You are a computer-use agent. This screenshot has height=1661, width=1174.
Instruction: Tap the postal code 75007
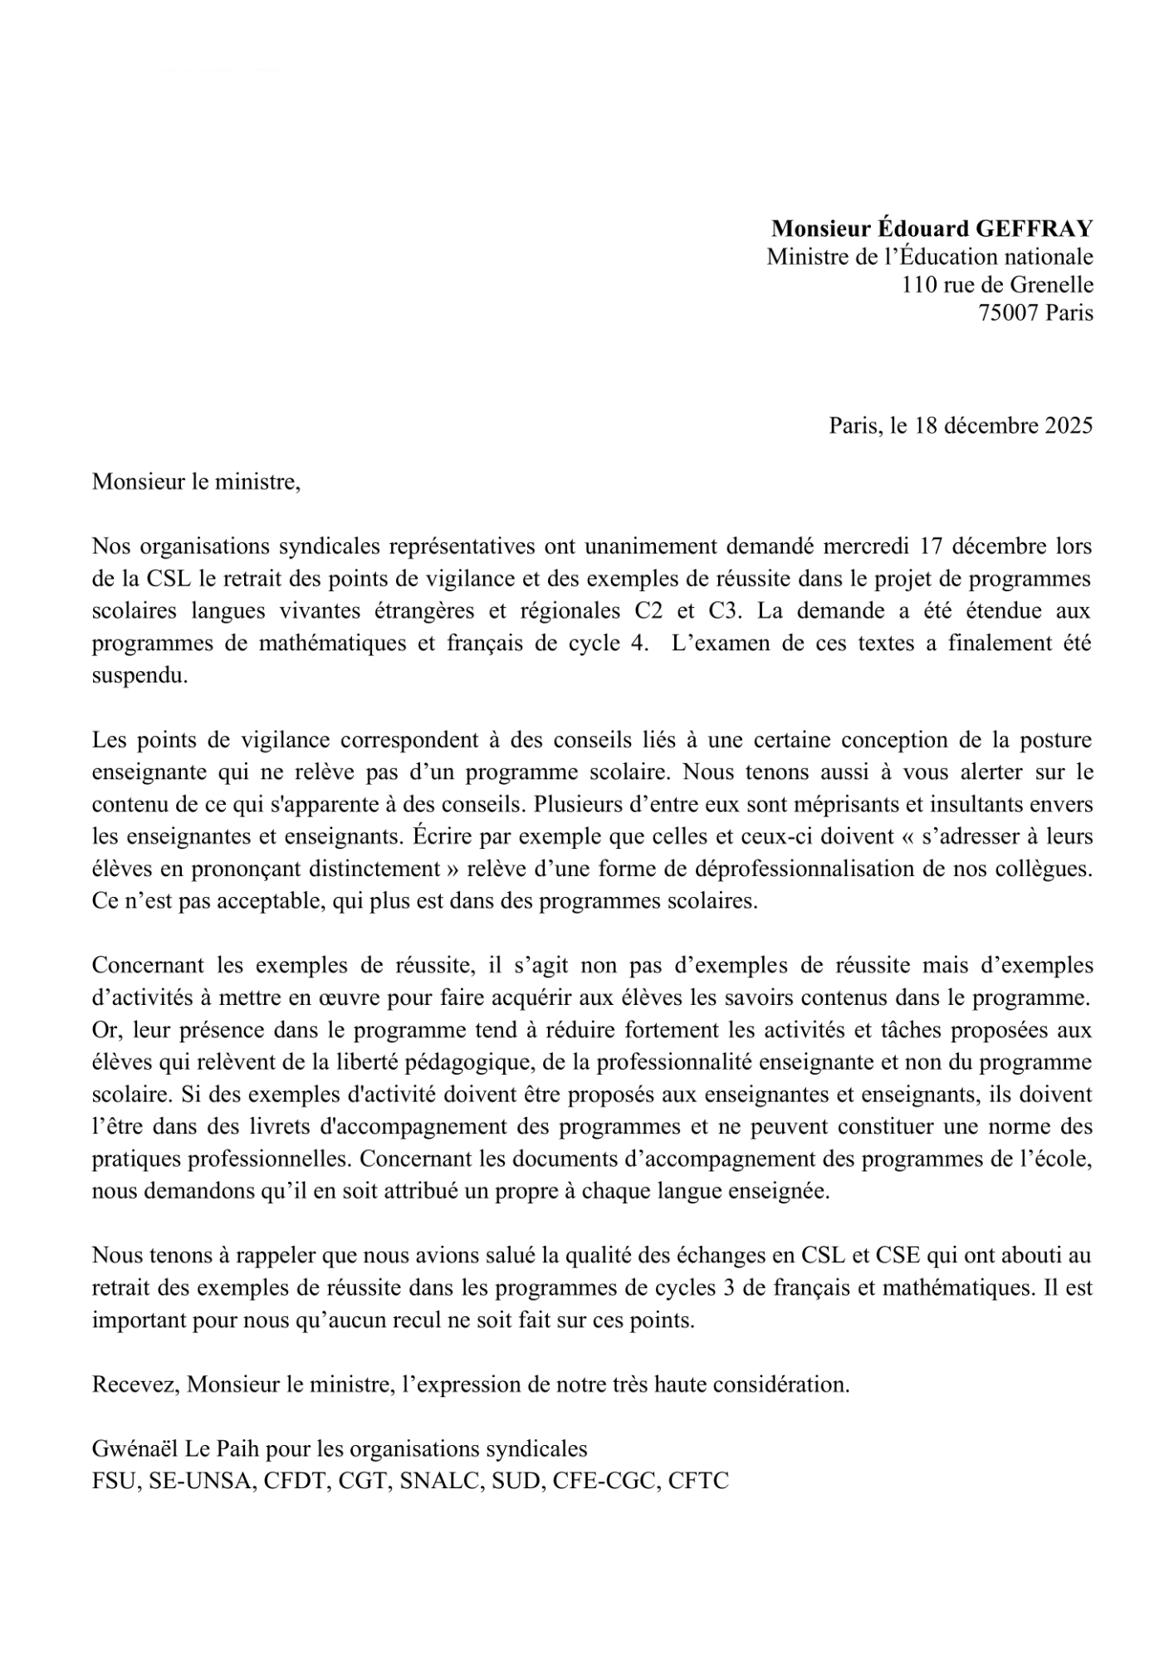[1008, 313]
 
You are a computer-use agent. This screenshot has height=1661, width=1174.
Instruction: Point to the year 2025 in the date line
[1069, 426]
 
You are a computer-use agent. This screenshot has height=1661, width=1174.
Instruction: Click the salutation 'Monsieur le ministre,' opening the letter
[196, 482]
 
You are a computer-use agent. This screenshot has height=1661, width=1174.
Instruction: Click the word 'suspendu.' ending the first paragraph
[140, 676]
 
